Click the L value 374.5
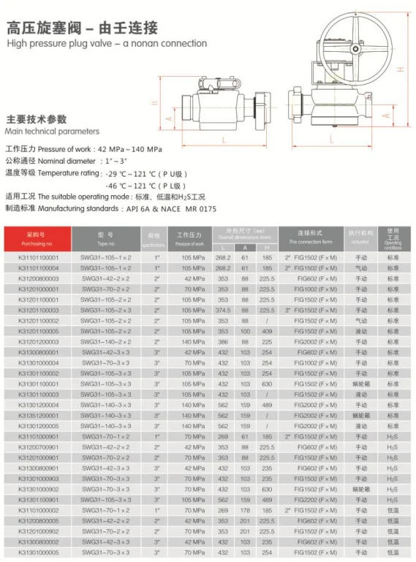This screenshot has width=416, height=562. tap(224, 310)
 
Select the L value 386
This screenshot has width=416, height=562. tap(224, 341)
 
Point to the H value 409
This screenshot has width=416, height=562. tap(268, 331)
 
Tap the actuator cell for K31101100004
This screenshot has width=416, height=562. tap(360, 268)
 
